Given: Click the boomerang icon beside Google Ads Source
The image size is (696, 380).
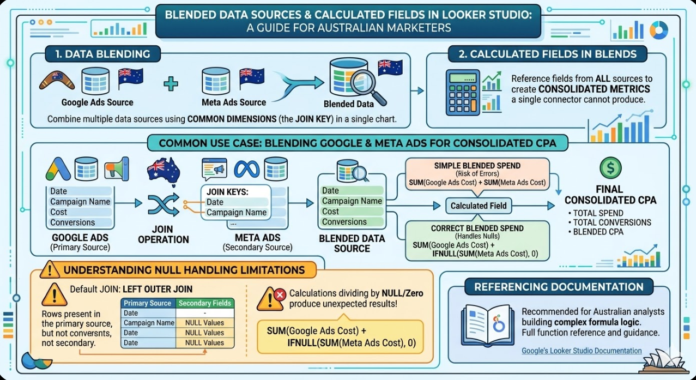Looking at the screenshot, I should (57, 80).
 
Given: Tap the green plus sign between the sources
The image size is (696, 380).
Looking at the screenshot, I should (171, 83).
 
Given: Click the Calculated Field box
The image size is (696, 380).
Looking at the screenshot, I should (479, 206).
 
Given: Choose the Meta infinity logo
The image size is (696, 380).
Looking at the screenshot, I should (247, 168).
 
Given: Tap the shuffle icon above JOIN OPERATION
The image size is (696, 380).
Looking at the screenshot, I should (164, 204).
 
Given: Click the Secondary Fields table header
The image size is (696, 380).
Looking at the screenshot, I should (205, 303).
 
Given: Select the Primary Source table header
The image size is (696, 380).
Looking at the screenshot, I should (148, 303).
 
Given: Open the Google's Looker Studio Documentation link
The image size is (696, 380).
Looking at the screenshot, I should (582, 351).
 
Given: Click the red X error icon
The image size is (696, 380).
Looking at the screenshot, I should (280, 294).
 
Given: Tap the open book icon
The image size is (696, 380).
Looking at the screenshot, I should (483, 325).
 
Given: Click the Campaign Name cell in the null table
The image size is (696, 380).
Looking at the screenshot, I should (149, 323).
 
